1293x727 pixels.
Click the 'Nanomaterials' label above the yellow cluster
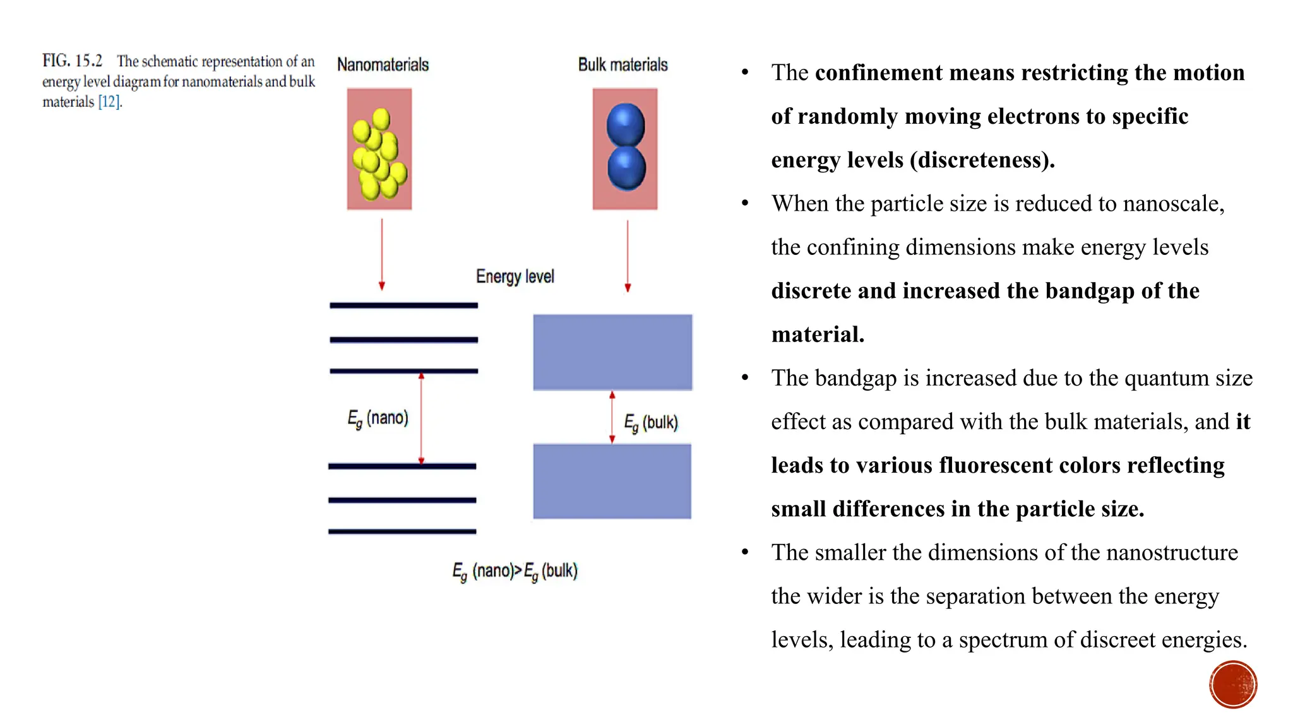click(x=383, y=64)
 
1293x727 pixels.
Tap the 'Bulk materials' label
click(x=623, y=64)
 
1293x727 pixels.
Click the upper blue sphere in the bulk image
click(x=625, y=124)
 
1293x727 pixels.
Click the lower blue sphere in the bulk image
click(x=626, y=168)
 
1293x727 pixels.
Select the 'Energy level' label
click(x=515, y=276)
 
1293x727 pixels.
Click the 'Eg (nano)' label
click(x=378, y=418)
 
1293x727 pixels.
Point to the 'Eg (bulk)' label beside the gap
click(x=651, y=423)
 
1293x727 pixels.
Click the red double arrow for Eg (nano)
click(x=421, y=418)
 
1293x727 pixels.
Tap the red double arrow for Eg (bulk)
click(x=612, y=417)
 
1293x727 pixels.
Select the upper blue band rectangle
click(x=612, y=352)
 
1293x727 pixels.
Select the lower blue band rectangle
click(x=612, y=482)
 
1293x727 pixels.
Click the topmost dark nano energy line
click(x=403, y=305)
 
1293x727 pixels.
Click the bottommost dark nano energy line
click(x=402, y=531)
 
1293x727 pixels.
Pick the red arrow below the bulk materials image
click(x=627, y=256)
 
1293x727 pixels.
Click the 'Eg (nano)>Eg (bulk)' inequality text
click(x=515, y=572)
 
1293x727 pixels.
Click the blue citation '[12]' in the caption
click(x=109, y=102)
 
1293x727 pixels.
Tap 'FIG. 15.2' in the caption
click(x=72, y=61)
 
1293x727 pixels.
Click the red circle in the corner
click(x=1233, y=685)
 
